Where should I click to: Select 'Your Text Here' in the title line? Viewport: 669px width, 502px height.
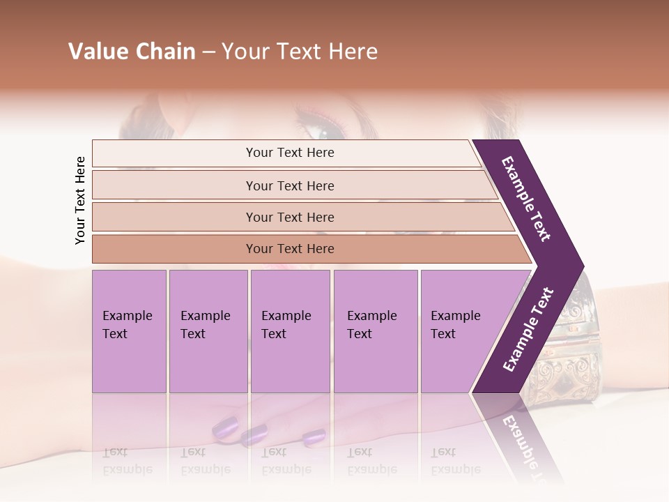(300, 52)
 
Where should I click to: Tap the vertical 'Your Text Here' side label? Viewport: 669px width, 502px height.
(80, 200)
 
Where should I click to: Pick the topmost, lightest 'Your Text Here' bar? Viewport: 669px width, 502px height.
(289, 153)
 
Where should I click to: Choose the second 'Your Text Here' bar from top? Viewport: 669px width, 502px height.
(289, 185)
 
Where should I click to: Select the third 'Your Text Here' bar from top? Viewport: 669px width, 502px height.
(289, 217)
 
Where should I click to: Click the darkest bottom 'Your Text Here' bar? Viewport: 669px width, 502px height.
(289, 249)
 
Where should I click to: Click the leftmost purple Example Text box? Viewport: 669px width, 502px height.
(129, 331)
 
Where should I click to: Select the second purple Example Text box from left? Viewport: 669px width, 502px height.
(208, 331)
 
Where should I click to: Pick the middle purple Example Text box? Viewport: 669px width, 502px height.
(290, 331)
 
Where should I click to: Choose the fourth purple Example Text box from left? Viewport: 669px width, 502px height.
(376, 331)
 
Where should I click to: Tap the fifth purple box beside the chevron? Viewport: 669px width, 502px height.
(456, 331)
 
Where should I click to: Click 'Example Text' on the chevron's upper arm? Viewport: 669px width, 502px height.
(526, 199)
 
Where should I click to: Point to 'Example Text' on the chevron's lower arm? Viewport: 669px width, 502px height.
(528, 329)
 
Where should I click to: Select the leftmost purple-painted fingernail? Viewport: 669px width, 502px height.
(225, 425)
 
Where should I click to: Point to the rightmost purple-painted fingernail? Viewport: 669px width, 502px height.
(314, 437)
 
